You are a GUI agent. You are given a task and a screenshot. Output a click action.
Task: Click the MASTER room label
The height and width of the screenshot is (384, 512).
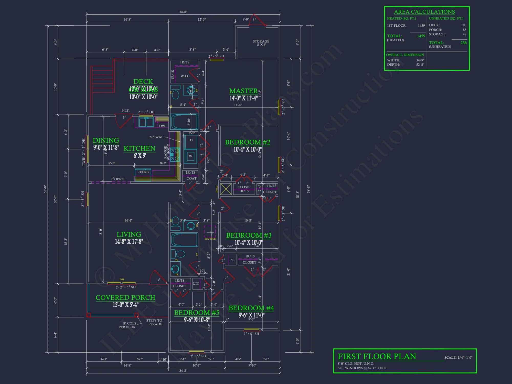pyautogui.click(x=243, y=91)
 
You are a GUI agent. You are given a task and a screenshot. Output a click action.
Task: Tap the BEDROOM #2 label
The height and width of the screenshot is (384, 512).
pyautogui.click(x=248, y=142)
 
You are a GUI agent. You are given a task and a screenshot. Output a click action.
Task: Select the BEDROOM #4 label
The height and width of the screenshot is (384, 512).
pyautogui.click(x=251, y=308)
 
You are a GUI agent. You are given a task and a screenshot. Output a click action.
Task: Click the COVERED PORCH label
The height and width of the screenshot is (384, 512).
pyautogui.click(x=125, y=297)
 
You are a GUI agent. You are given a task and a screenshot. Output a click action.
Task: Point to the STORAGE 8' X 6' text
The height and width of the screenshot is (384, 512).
pyautogui.click(x=261, y=43)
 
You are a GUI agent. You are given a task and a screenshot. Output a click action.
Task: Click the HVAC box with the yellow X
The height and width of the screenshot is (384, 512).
pyautogui.click(x=226, y=189)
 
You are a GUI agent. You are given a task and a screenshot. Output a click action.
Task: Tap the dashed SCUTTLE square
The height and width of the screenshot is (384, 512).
pyautogui.click(x=210, y=231)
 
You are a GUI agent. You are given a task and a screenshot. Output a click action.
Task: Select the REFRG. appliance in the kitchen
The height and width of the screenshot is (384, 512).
pyautogui.click(x=143, y=172)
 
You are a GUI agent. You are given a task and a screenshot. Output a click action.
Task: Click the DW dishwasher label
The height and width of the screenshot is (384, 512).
pyautogui.click(x=162, y=126)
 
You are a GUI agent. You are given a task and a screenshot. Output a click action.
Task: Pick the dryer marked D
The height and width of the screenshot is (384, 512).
pyautogui.click(x=191, y=140)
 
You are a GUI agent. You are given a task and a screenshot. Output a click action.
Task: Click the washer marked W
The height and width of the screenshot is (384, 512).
pyautogui.click(x=190, y=156)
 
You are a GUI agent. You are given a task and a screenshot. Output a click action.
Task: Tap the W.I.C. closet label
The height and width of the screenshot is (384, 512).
pyautogui.click(x=185, y=76)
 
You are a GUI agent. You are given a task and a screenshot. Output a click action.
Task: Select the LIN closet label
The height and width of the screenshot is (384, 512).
pyautogui.click(x=196, y=283)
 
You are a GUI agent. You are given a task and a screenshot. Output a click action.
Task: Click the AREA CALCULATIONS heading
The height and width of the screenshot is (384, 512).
pyautogui.click(x=424, y=12)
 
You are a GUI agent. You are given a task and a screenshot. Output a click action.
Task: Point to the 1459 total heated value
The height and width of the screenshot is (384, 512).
pyautogui.click(x=421, y=36)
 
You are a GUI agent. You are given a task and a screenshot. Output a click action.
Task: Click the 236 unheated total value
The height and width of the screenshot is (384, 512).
pyautogui.click(x=463, y=43)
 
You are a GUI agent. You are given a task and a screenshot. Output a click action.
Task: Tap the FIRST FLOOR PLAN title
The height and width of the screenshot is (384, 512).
pyautogui.click(x=377, y=356)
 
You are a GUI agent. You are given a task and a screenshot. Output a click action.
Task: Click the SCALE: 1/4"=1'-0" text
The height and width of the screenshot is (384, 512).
pyautogui.click(x=458, y=358)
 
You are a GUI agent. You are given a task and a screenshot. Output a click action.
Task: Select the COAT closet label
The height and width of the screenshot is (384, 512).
pyautogui.click(x=191, y=178)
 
